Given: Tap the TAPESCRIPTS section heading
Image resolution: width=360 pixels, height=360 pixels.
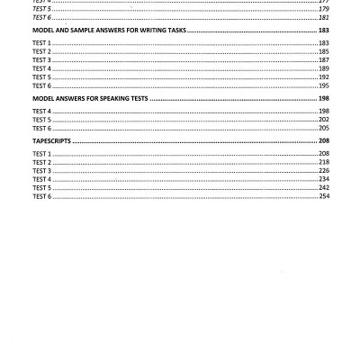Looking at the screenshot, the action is (51, 141).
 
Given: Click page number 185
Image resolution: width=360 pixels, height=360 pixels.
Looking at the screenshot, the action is (323, 51).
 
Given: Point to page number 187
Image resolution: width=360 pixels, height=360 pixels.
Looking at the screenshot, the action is (323, 60).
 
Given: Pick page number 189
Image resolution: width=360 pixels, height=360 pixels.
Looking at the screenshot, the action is (323, 68).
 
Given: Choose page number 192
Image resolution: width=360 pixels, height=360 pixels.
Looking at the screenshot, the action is (323, 77).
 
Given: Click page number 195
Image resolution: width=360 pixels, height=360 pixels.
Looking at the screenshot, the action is (323, 85).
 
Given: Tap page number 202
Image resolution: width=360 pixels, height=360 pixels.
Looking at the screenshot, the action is (323, 120).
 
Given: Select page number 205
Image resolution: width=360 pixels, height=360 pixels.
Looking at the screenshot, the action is (323, 128).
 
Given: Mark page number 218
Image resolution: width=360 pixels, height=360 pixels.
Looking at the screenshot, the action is (323, 162).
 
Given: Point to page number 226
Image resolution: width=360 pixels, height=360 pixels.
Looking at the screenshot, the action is (323, 171).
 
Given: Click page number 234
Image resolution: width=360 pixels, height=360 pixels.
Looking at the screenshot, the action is (323, 179).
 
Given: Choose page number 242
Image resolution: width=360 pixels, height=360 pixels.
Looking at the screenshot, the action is (323, 188).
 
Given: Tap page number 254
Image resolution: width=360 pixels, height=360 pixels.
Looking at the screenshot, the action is (323, 196).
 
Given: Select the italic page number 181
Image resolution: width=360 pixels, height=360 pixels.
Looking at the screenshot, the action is (323, 17).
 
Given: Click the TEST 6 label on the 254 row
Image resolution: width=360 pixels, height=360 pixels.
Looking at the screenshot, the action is (41, 196).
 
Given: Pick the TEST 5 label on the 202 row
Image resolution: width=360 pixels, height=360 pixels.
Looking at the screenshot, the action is (41, 120).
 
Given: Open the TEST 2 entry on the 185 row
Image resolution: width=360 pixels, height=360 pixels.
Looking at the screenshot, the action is (41, 51).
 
